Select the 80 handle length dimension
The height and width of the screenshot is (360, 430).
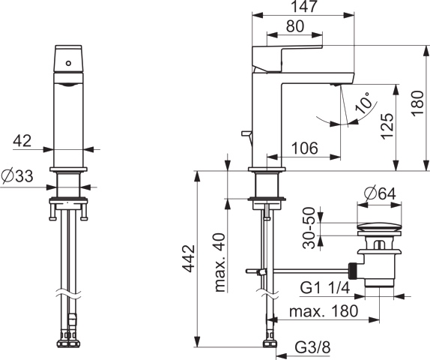pos(295,26)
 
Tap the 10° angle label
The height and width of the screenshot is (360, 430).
pos(363,103)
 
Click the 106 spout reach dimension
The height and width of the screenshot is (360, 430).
pos(304,148)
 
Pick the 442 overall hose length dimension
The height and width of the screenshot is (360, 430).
pos(189,259)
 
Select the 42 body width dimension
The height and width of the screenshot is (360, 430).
pos(22,140)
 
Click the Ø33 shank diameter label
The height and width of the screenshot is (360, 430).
pos(17,176)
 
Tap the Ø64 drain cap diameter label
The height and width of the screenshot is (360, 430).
pos(380,193)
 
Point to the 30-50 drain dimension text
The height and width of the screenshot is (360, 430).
pos(309,228)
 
